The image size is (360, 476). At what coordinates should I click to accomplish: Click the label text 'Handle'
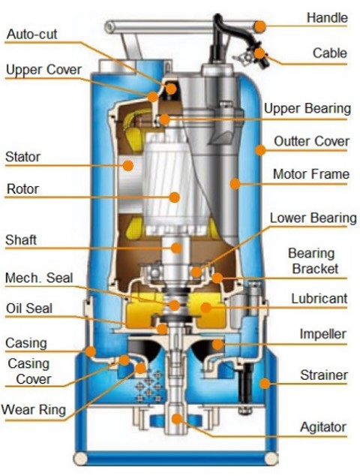coord(327,17)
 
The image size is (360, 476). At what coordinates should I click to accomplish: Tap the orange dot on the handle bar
coord(260,27)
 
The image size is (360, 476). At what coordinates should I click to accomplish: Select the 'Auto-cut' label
coord(31,34)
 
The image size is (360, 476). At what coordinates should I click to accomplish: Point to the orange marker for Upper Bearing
coord(165,119)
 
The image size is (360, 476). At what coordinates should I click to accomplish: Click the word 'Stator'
coord(23,157)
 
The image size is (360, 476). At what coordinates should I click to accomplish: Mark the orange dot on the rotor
coord(175,197)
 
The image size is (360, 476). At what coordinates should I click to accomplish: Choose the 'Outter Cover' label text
coord(312,141)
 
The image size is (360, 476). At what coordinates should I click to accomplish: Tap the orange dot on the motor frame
coord(235,183)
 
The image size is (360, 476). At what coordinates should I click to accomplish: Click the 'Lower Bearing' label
coord(313,218)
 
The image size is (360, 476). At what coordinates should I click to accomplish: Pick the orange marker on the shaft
coord(176,248)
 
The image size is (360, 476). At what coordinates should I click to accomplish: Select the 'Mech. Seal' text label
coord(40,278)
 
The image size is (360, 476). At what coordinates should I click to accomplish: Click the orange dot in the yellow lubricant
coord(206,308)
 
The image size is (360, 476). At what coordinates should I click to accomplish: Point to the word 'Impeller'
coord(322,334)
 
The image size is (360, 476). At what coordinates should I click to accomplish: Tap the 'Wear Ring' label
coord(34,409)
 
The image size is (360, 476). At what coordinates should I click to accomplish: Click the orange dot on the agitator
coord(177,419)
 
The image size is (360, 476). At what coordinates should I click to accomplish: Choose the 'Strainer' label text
coord(324,375)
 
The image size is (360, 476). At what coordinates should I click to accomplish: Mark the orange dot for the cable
coord(259,53)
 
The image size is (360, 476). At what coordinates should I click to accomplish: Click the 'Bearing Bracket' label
coord(313,261)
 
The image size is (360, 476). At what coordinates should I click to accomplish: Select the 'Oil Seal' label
coord(29,309)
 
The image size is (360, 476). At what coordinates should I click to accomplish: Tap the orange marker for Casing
coord(91,351)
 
